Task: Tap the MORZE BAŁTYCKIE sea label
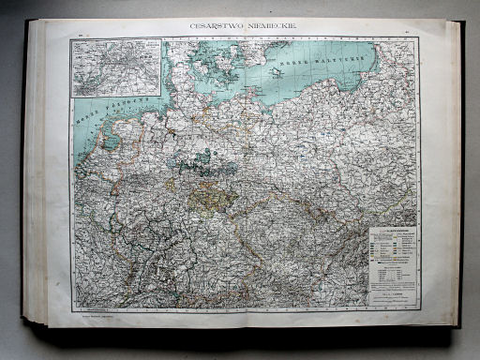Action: pos(319,63)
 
